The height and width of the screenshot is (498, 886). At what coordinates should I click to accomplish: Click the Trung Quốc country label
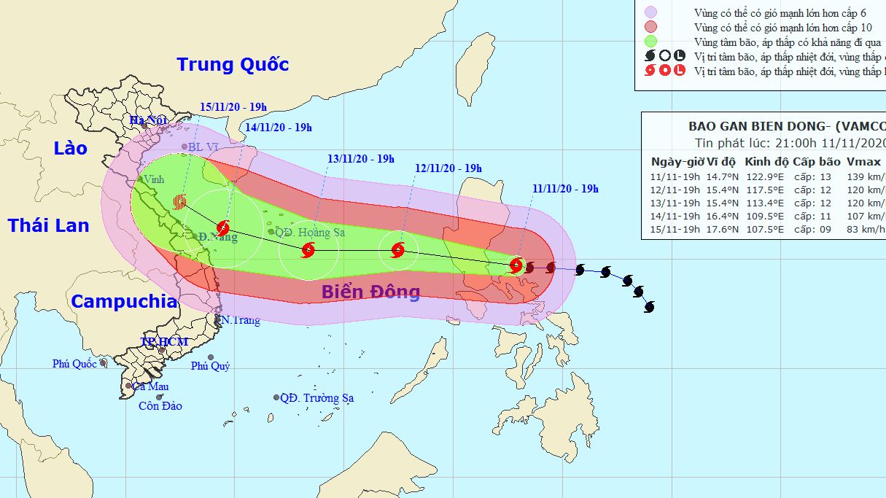click(233, 65)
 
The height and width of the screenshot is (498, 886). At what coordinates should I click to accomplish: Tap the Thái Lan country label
click(49, 225)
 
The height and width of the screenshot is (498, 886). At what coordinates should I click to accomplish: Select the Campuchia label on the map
click(124, 301)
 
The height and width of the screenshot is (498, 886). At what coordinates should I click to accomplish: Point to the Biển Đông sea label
click(371, 292)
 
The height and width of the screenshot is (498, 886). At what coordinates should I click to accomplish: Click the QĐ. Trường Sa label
click(316, 398)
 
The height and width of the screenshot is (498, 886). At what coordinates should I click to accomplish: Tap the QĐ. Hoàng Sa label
click(310, 233)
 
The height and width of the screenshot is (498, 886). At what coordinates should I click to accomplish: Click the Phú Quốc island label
click(74, 364)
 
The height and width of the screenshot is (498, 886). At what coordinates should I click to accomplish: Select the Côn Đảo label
click(160, 406)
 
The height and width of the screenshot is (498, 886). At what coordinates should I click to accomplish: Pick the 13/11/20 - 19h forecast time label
click(360, 159)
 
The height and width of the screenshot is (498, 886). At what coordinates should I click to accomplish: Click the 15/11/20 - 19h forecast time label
click(233, 107)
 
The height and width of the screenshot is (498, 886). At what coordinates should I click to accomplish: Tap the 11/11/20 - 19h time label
click(565, 189)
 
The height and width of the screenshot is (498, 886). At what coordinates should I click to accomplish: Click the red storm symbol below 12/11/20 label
click(397, 250)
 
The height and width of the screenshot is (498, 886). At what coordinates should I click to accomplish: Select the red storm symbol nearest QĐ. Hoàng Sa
click(308, 252)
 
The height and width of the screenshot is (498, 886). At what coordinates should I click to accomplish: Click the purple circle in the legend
click(650, 12)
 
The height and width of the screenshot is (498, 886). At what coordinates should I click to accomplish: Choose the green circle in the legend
click(650, 41)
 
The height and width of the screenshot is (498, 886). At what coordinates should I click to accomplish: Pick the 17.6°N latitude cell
click(721, 229)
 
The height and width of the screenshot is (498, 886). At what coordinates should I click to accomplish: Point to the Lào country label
click(70, 149)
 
